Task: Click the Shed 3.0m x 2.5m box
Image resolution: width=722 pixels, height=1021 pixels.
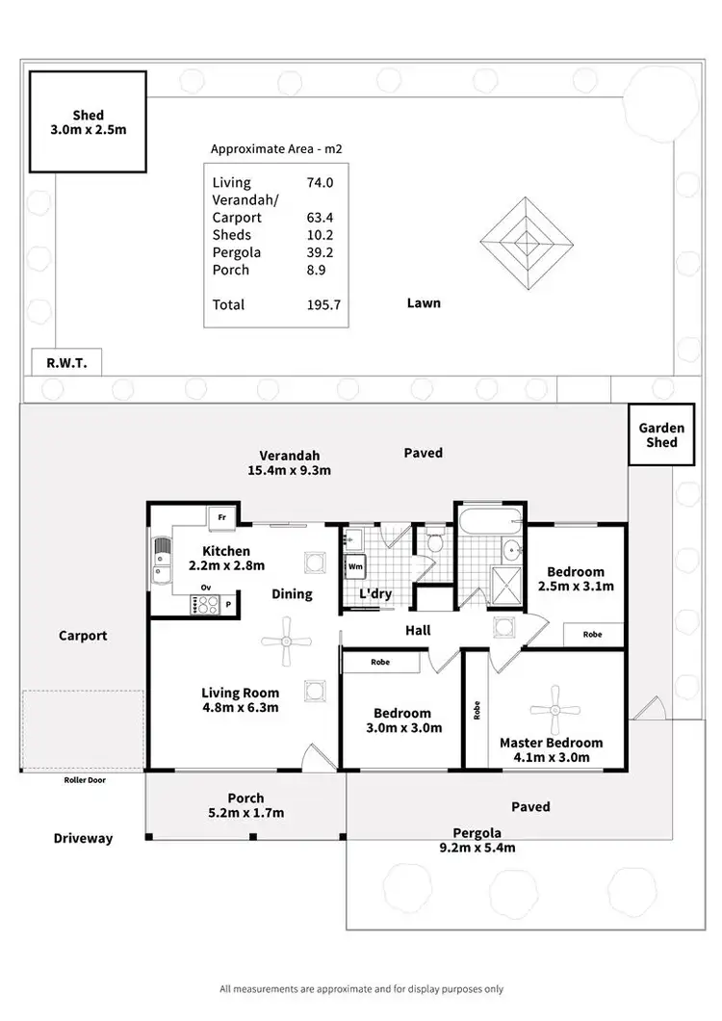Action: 88,121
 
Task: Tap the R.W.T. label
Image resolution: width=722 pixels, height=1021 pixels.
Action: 66,363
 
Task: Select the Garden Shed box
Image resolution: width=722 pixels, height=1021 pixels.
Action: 661,435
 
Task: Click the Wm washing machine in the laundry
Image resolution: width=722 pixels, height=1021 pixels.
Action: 355,566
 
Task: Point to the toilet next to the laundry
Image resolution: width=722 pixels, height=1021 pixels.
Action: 433,541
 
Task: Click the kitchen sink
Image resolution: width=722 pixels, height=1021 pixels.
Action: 160,561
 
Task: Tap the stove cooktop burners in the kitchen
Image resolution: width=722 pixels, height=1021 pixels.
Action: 205,604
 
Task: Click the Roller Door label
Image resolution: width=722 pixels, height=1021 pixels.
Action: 85,780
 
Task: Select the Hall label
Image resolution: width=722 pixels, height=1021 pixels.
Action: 418,630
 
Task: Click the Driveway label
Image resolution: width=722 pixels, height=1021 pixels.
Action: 83,838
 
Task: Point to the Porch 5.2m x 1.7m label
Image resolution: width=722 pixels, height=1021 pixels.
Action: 245,805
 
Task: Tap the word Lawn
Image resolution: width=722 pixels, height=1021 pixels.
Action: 424,302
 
